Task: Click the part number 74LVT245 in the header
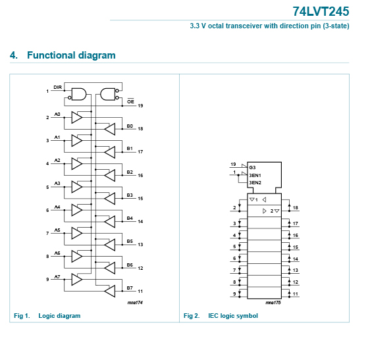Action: pyautogui.click(x=321, y=11)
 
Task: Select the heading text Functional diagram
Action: pyautogui.click(x=71, y=55)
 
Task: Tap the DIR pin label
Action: pyautogui.click(x=58, y=88)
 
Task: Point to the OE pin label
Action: pyautogui.click(x=130, y=101)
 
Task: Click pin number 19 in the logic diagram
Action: pyautogui.click(x=140, y=105)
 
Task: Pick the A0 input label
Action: pyautogui.click(x=57, y=115)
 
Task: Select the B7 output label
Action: pyautogui.click(x=130, y=288)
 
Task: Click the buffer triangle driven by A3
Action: pyautogui.click(x=76, y=187)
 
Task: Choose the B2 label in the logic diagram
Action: pyautogui.click(x=130, y=172)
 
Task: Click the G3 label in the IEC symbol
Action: pyautogui.click(x=252, y=167)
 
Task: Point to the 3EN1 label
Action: pyautogui.click(x=255, y=175)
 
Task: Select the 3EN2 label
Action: pyautogui.click(x=255, y=182)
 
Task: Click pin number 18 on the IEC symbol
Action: pyautogui.click(x=296, y=208)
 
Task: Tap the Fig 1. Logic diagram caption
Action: pyautogui.click(x=47, y=316)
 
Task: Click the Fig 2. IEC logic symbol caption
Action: pyautogui.click(x=221, y=316)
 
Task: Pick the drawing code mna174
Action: pyautogui.click(x=135, y=302)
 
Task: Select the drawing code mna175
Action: pyautogui.click(x=273, y=302)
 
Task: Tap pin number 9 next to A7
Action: pyautogui.click(x=47, y=279)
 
